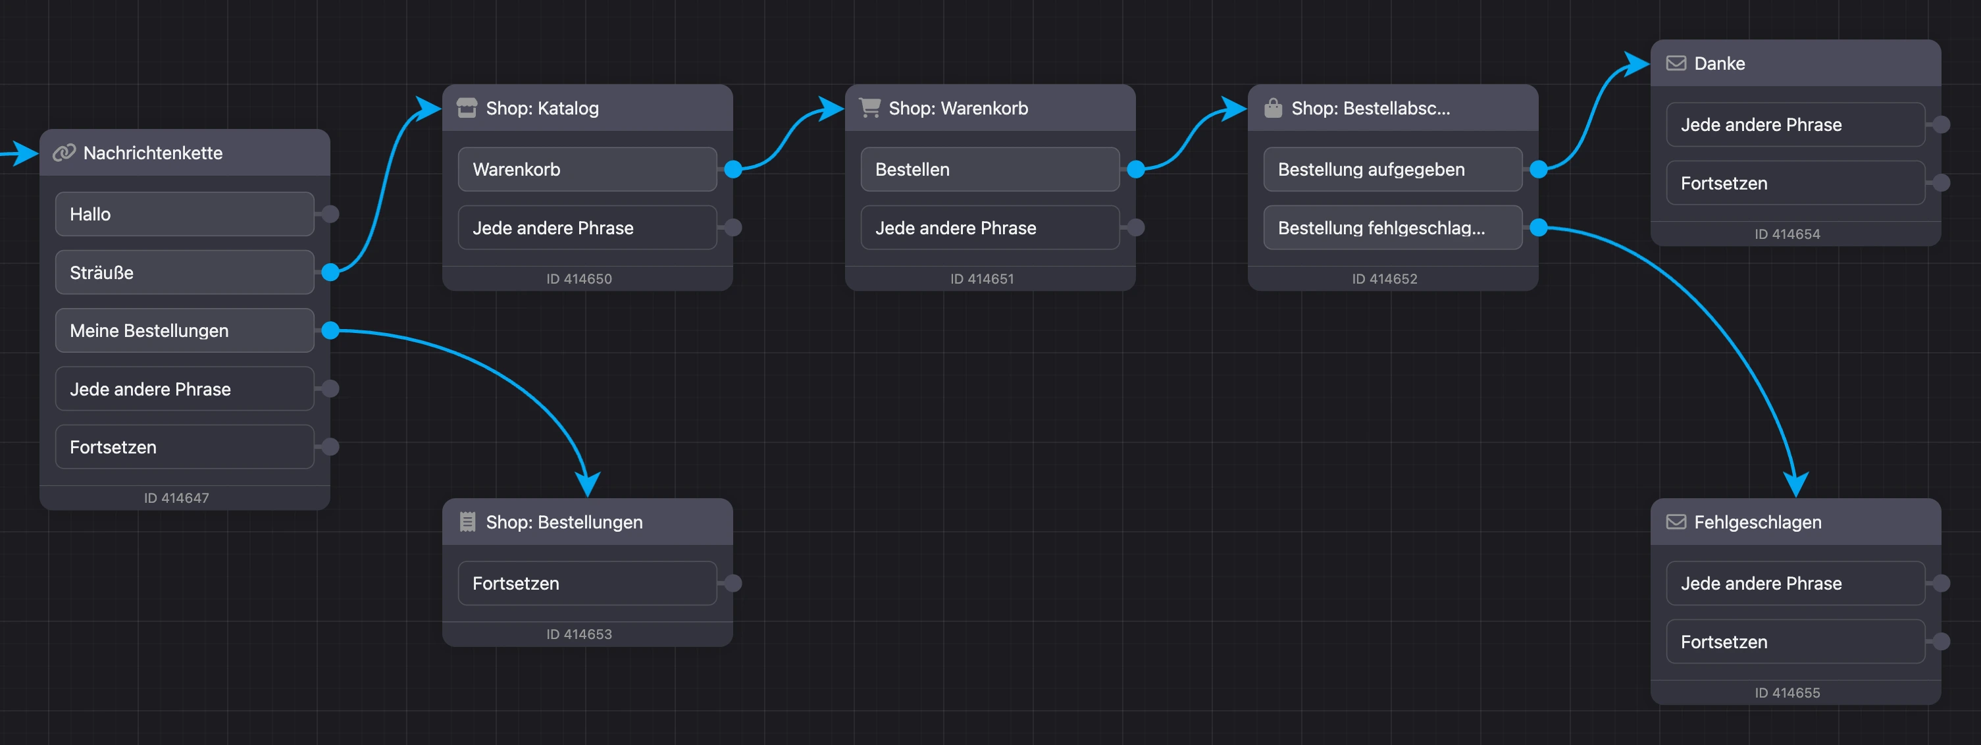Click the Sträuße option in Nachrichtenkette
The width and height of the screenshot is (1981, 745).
click(x=184, y=272)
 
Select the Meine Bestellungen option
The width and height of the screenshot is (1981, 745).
click(x=184, y=330)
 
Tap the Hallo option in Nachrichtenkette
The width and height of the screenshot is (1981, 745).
click(x=184, y=214)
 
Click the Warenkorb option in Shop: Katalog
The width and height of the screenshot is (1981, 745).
click(x=587, y=169)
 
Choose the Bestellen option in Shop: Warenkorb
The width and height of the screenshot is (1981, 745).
click(x=990, y=169)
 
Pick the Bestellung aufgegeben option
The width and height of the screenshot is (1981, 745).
click(x=1393, y=169)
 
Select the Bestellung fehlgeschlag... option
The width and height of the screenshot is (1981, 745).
click(x=1393, y=228)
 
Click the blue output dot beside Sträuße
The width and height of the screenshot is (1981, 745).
click(x=330, y=272)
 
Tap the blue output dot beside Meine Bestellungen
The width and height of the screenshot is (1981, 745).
click(x=330, y=330)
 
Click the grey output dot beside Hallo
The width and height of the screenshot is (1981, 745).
click(x=330, y=214)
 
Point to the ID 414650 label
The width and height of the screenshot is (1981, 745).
click(x=579, y=279)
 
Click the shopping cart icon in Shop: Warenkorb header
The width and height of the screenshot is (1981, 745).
click(x=870, y=108)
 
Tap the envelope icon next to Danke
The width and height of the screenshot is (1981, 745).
click(x=1676, y=63)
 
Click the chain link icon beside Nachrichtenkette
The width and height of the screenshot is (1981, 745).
click(x=64, y=152)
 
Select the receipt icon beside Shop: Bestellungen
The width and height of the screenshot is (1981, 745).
click(x=467, y=522)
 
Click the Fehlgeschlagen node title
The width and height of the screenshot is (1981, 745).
click(x=1758, y=522)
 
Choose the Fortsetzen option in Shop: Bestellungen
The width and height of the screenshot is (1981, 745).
click(x=587, y=584)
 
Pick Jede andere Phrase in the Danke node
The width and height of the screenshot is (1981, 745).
click(x=1795, y=124)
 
